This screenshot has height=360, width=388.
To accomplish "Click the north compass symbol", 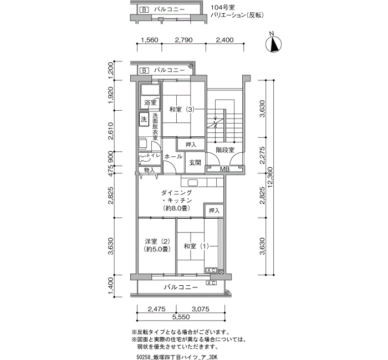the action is (273, 44).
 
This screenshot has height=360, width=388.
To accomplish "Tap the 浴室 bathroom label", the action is (150, 102).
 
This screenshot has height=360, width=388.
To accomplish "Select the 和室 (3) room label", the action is (182, 109).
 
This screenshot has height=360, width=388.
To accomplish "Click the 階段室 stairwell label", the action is (225, 150).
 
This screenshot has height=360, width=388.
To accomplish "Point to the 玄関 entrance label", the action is (195, 162).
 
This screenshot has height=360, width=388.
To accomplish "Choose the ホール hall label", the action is (173, 156).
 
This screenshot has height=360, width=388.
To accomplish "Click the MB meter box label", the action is (224, 169).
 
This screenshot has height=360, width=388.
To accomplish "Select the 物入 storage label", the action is (149, 170).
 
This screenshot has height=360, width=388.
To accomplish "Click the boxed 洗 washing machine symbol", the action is (144, 120).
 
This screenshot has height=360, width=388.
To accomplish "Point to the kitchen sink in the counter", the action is (192, 183).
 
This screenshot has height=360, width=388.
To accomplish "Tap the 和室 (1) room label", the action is (196, 246).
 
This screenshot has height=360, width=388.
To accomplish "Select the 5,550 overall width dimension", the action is (181, 317).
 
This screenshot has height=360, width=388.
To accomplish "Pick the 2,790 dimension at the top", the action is (183, 40).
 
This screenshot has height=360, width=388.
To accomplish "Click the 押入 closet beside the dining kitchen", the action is (214, 210).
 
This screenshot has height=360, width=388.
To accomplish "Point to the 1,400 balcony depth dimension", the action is (111, 286).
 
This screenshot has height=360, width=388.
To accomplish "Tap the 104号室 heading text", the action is (221, 8).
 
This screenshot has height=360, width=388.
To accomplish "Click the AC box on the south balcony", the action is (211, 283).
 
